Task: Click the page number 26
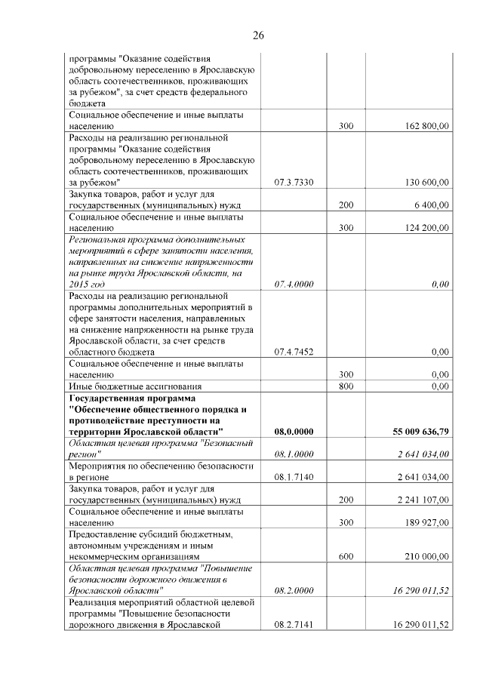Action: [x=258, y=35]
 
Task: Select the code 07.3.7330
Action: [x=294, y=183]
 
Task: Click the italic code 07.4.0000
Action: [x=294, y=284]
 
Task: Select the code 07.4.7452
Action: [x=294, y=352]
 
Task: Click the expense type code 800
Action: [x=346, y=386]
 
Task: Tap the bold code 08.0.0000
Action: [x=294, y=431]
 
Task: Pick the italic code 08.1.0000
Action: [x=294, y=454]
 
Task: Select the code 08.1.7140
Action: [x=294, y=476]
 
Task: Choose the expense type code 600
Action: [x=346, y=555]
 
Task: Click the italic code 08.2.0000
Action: [x=294, y=590]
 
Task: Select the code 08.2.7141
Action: [x=294, y=624]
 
